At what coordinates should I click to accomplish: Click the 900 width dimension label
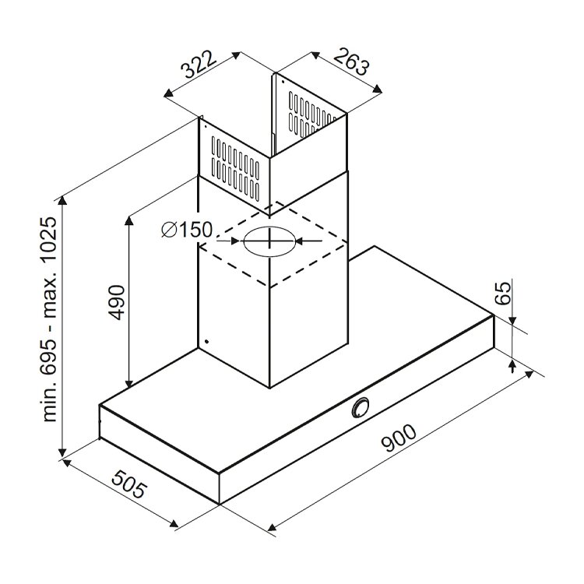click(399, 438)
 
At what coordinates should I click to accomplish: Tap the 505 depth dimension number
click(128, 484)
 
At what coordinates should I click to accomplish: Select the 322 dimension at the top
click(199, 65)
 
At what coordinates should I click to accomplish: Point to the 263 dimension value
click(351, 62)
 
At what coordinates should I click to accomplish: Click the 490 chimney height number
click(118, 302)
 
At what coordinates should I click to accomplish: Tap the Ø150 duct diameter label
click(187, 230)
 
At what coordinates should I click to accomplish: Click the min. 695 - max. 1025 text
click(50, 319)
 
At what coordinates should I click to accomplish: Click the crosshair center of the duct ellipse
click(269, 241)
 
